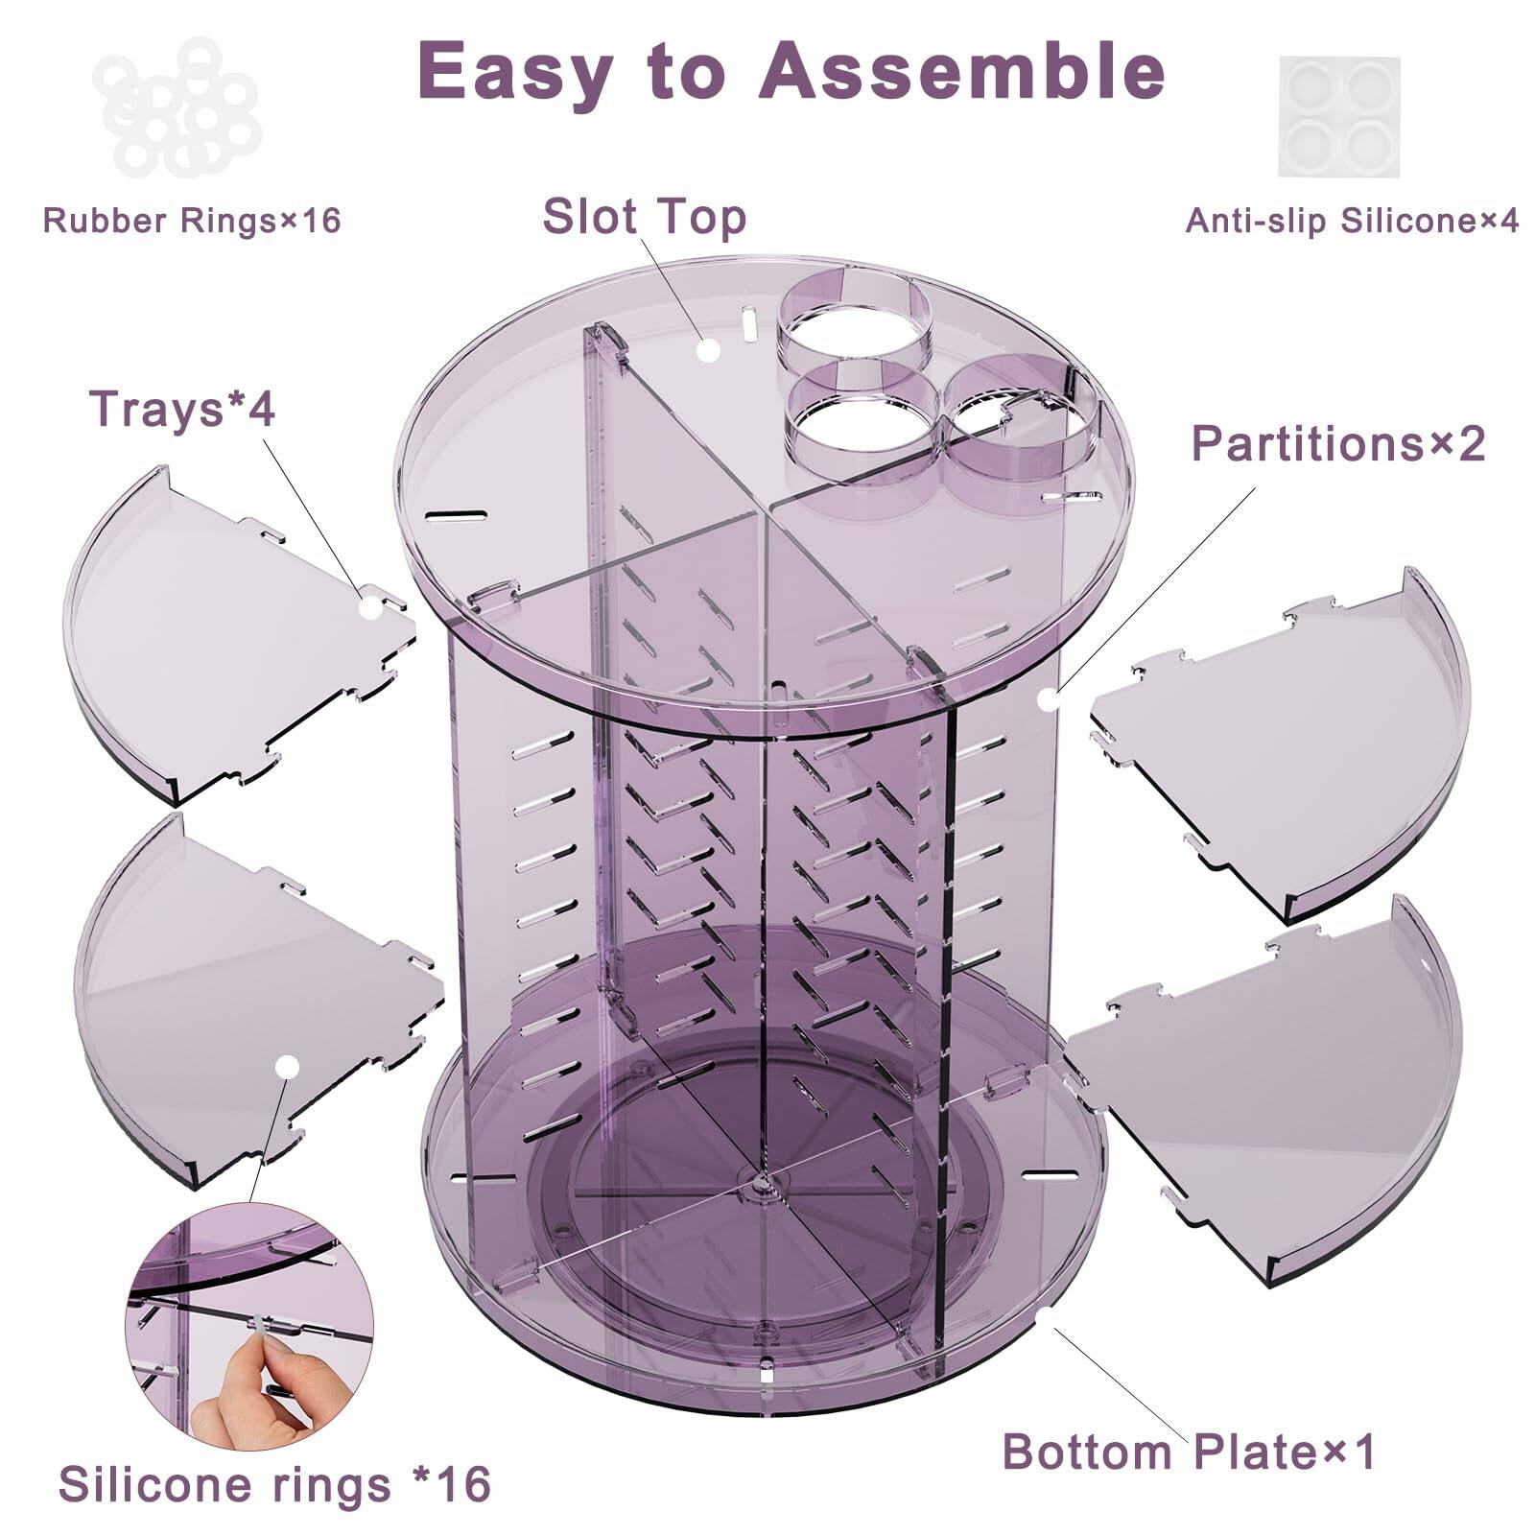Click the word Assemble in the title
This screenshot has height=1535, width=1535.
(x=962, y=71)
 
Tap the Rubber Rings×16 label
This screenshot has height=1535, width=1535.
(x=192, y=221)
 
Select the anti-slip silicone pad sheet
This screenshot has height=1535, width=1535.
(x=1338, y=116)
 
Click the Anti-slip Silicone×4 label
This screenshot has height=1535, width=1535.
(x=1352, y=221)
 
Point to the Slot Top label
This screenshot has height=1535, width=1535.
(x=644, y=216)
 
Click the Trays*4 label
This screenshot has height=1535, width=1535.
(x=182, y=410)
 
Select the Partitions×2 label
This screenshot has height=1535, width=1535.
(x=1337, y=444)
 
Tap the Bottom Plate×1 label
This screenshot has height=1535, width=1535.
(x=1189, y=1452)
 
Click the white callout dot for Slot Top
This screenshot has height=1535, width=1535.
(x=708, y=350)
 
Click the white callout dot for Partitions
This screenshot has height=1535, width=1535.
(x=1049, y=698)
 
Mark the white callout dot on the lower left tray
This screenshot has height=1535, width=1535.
(x=286, y=1067)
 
